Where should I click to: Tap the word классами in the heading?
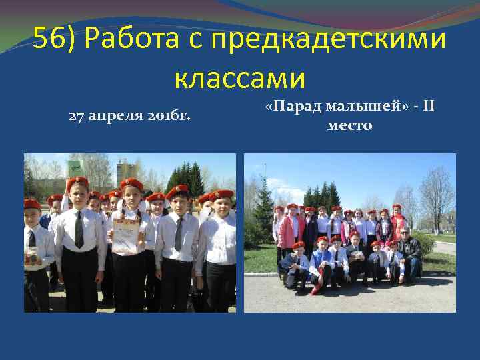[x=240, y=78]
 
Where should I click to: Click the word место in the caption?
[x=349, y=125]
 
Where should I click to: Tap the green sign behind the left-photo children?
[x=75, y=167]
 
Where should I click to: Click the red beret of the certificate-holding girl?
[x=131, y=184]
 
